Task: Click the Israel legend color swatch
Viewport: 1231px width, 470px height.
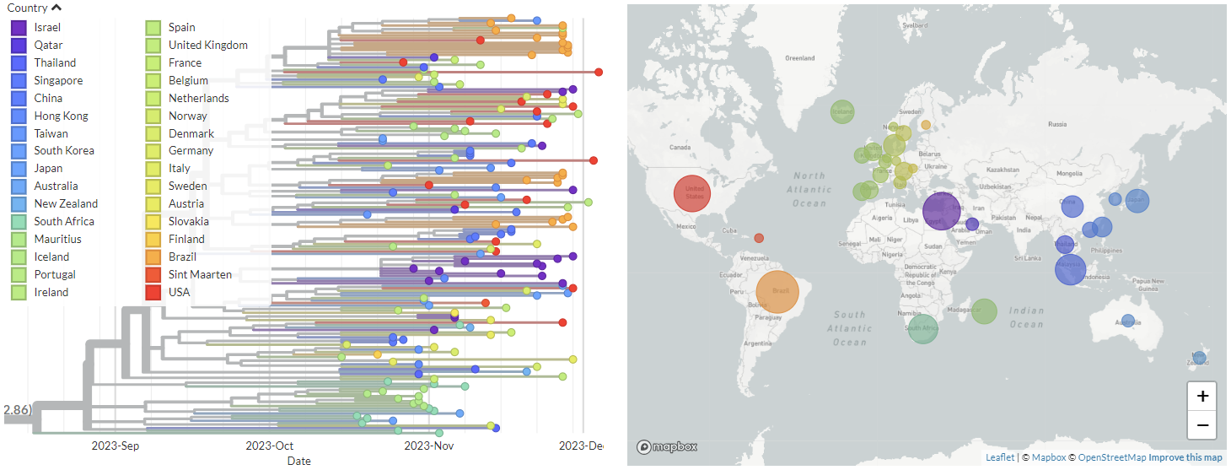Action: point(19,28)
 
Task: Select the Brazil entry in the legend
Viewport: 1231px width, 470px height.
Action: point(182,257)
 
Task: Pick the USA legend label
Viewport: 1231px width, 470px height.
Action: point(180,292)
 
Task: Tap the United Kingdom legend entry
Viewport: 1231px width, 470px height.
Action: point(207,45)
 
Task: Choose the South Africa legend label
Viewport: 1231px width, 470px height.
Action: point(64,221)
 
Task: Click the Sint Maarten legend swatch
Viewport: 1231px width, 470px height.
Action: point(153,274)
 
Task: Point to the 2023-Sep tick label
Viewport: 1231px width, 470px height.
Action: point(116,446)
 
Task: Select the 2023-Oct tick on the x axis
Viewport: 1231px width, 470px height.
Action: point(270,446)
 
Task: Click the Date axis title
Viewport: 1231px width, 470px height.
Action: point(298,461)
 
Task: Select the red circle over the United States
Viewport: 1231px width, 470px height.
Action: point(693,193)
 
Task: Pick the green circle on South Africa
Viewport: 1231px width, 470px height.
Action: point(923,328)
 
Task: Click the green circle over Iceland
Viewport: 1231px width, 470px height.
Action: point(842,111)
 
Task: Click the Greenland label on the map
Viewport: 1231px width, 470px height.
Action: point(799,58)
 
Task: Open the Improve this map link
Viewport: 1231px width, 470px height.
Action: point(1185,457)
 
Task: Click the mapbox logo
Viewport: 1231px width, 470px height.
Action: point(667,446)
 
